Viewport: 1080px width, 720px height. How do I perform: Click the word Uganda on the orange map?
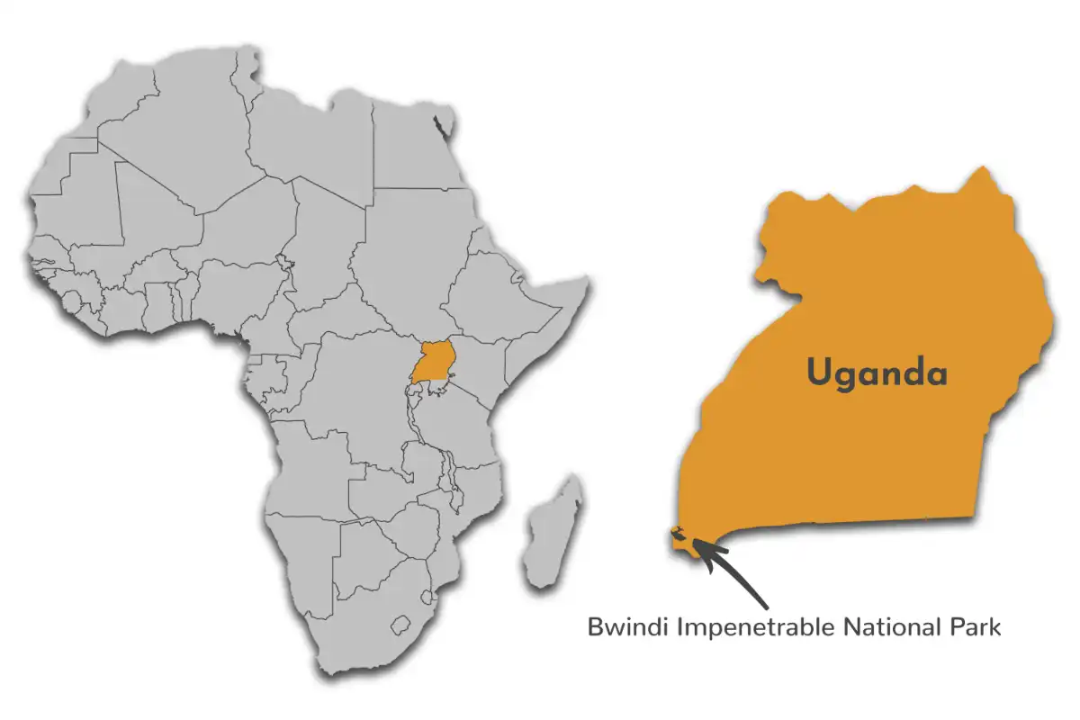(877, 372)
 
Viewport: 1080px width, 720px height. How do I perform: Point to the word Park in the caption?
(975, 626)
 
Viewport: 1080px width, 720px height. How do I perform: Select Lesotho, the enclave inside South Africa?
(402, 623)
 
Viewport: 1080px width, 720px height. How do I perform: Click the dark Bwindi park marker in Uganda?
(680, 535)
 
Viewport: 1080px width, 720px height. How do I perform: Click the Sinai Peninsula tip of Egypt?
(443, 126)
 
